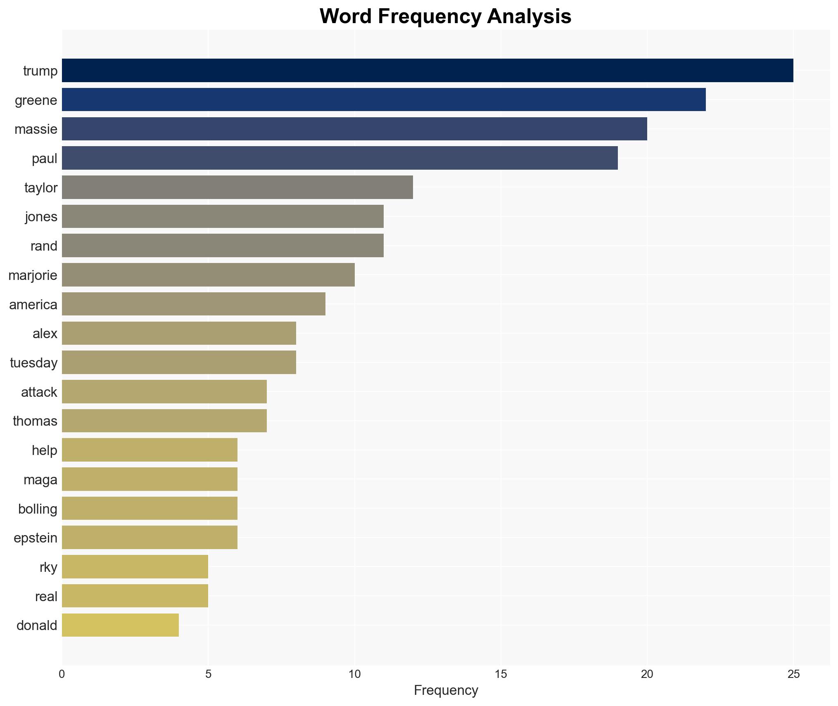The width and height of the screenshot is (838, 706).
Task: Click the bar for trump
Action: pyautogui.click(x=427, y=71)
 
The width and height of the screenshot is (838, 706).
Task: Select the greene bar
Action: pyautogui.click(x=384, y=100)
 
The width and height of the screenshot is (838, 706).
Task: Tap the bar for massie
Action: pyautogui.click(x=354, y=129)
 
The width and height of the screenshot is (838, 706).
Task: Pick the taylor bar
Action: pyautogui.click(x=237, y=187)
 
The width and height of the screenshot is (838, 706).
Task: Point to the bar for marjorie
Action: pyautogui.click(x=208, y=275)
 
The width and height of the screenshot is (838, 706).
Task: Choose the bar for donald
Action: pyautogui.click(x=120, y=625)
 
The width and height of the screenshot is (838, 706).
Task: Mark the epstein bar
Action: pyautogui.click(x=150, y=538)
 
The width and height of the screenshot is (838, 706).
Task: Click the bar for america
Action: pyautogui.click(x=194, y=304)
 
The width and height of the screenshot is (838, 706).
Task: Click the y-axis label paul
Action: pyautogui.click(x=45, y=159)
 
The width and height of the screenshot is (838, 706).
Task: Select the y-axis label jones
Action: pyautogui.click(x=41, y=217)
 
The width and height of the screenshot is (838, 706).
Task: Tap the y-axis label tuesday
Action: pyautogui.click(x=34, y=363)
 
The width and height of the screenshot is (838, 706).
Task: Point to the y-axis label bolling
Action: pyautogui.click(x=38, y=509)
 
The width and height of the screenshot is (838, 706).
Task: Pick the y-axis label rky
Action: pyautogui.click(x=48, y=567)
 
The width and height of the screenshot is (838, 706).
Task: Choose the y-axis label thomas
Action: pyautogui.click(x=35, y=421)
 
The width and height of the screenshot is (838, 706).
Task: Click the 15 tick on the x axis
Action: pyautogui.click(x=501, y=674)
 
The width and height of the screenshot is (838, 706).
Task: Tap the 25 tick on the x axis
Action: pyautogui.click(x=793, y=674)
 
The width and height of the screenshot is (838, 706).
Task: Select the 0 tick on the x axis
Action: pyautogui.click(x=62, y=674)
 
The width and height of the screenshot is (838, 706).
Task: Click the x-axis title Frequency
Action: pyautogui.click(x=446, y=690)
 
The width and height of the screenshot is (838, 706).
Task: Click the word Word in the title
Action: pyautogui.click(x=345, y=17)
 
